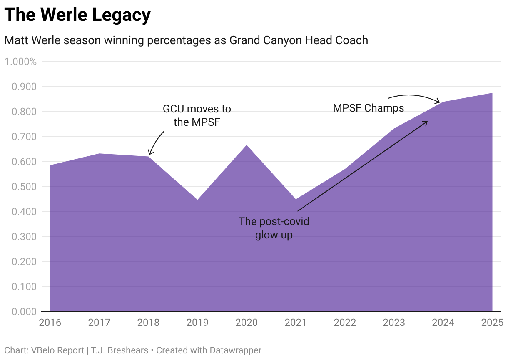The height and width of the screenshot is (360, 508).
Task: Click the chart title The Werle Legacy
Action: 77,15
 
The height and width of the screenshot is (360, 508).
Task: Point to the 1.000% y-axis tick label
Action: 21,62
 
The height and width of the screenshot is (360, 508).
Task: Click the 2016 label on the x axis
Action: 50,322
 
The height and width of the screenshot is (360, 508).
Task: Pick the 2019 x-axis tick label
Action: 197,322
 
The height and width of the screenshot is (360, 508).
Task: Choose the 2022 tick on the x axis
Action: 345,322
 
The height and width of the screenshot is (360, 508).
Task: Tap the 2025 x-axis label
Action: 492,322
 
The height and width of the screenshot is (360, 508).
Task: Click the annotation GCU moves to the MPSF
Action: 197,115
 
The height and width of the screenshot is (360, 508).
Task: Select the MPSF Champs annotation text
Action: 369,108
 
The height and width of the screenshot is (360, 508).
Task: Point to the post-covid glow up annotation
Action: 274,227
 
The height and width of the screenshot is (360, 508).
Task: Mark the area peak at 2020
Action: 247,145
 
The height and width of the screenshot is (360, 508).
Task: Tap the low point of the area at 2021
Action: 296,199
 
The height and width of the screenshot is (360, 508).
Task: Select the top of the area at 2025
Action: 492,93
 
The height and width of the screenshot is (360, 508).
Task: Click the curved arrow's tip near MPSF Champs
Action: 440,102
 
